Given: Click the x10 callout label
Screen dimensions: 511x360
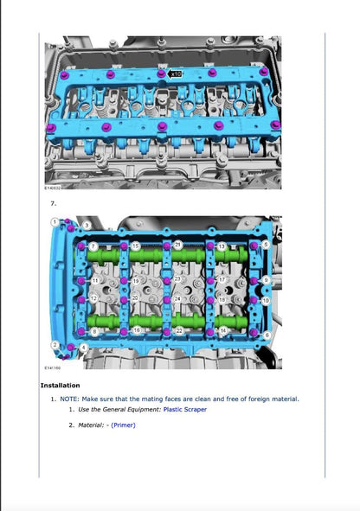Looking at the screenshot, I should point(175,74).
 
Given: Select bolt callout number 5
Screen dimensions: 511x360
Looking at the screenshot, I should point(266,245).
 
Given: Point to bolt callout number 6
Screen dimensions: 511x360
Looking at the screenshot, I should point(266,335).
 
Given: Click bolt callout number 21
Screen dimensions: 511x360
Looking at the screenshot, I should point(178,246).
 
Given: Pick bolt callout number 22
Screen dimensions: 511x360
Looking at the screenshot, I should point(178,331).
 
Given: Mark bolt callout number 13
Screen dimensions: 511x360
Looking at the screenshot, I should point(222,246).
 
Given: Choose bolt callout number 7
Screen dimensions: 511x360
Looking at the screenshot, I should point(93,247).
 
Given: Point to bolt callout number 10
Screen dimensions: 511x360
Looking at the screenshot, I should point(266,300).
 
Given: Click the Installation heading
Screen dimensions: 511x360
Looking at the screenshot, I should point(61,385).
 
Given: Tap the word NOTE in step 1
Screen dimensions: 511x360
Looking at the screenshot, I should point(71,399).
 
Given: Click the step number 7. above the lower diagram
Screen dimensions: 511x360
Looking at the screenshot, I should point(54,203).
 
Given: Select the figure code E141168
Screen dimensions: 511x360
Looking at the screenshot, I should point(54,366).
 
